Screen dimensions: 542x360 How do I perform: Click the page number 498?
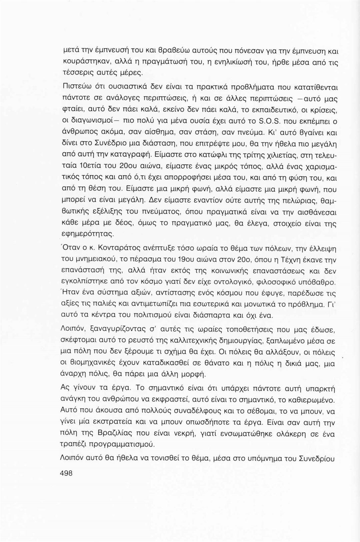(66, 473)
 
